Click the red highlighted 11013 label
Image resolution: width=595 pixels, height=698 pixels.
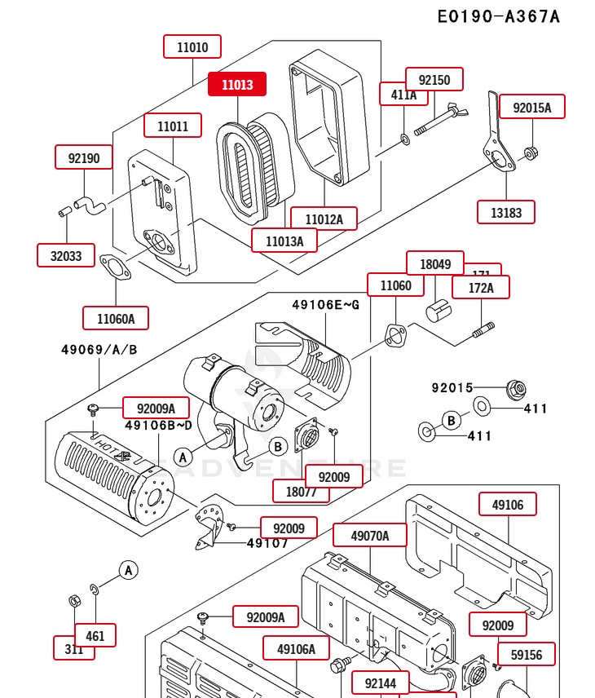[x=236, y=84]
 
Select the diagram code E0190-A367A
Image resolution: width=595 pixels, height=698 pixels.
[x=498, y=16]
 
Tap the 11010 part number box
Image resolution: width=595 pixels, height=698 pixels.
[x=192, y=47]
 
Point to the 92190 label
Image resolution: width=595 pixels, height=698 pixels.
[x=84, y=157]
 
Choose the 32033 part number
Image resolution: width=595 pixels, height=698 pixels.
[x=66, y=255]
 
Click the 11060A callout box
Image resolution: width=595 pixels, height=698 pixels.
[x=116, y=318]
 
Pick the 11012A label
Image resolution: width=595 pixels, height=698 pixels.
[x=324, y=219]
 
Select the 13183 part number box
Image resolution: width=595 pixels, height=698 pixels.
[x=506, y=212]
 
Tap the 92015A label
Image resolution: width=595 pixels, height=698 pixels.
[x=531, y=107]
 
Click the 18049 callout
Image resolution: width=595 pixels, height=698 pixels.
[x=435, y=263]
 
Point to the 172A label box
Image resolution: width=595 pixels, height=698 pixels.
[x=481, y=287]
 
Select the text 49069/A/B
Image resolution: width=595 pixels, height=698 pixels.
[x=99, y=350]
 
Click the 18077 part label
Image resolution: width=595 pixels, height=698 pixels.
[x=301, y=491]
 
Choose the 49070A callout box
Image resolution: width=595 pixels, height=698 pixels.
[x=369, y=535]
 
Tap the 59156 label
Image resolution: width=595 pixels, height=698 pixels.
[x=527, y=654]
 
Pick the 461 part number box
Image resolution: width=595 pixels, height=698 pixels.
[x=95, y=635]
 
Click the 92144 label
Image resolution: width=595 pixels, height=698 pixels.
[x=381, y=683]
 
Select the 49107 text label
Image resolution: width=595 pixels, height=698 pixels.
[x=267, y=543]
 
